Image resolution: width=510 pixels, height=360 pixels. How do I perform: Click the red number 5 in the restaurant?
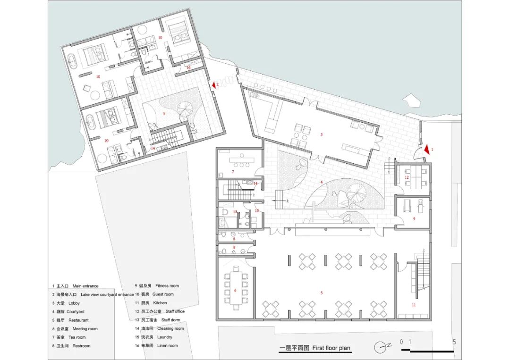click(x=322, y=293)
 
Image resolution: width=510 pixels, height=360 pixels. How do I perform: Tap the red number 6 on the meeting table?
click(x=235, y=290)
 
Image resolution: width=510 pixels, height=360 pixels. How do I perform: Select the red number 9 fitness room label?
click(x=414, y=218)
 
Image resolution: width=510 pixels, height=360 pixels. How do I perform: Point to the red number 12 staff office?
click(x=406, y=177)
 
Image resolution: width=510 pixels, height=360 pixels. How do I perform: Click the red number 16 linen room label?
click(x=188, y=68)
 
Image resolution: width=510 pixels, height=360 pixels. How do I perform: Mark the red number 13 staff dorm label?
click(x=235, y=212)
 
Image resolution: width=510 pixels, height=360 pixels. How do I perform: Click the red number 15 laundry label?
click(x=257, y=210)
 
